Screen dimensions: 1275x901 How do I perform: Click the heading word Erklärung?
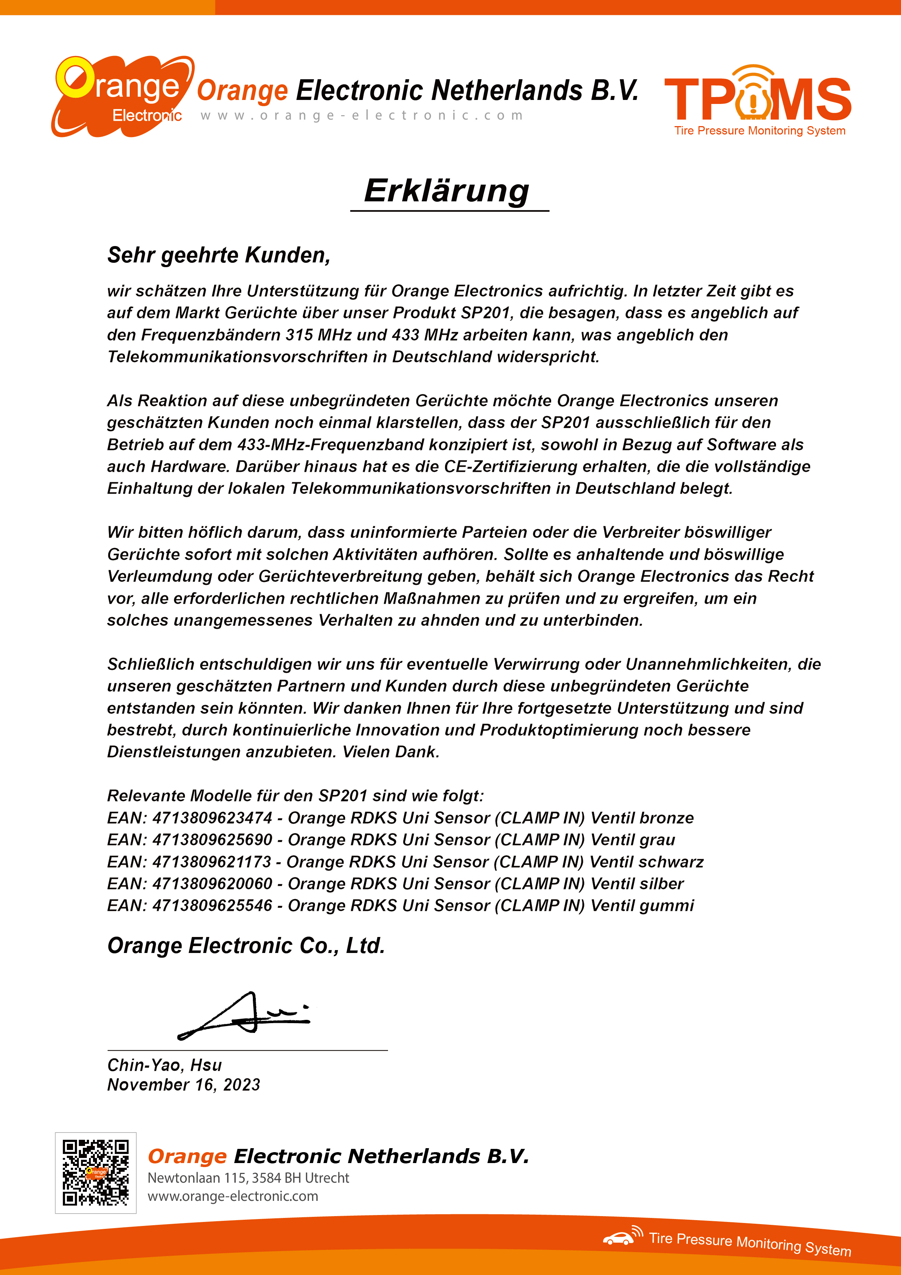[447, 191]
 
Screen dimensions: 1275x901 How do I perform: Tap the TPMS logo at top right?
[758, 100]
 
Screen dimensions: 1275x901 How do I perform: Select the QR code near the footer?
[96, 1173]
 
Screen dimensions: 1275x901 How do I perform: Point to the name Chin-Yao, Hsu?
[164, 1065]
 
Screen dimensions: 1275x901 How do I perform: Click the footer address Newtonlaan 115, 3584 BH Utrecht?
[248, 1178]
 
